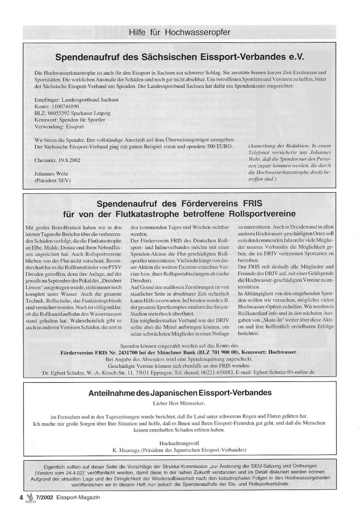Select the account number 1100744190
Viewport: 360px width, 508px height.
tap(66, 106)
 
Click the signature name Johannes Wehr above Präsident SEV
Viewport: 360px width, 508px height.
tap(51, 174)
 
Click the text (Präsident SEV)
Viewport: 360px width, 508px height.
tap(52, 180)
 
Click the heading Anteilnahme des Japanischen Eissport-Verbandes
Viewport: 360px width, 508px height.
tap(180, 393)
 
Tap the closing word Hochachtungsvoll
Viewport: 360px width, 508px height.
tap(179, 443)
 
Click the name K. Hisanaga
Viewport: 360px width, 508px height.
tap(126, 450)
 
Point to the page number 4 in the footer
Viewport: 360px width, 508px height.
tap(21, 498)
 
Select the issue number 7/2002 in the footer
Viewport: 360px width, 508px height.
tap(45, 498)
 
